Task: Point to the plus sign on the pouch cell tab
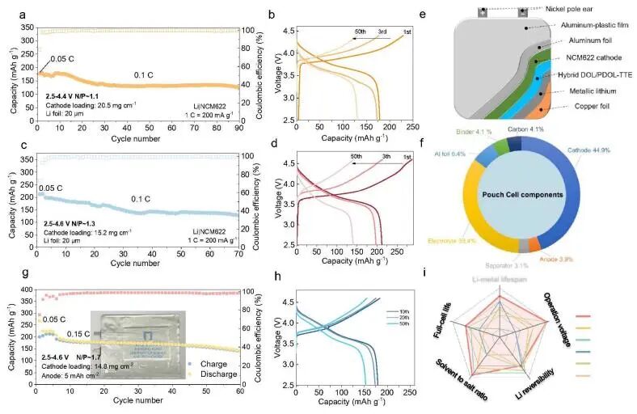pos(483,12)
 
